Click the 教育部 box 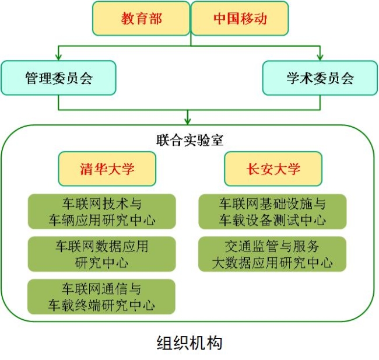click(x=142, y=18)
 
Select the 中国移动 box click(x=239, y=18)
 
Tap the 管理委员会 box click(x=58, y=78)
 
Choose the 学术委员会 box click(x=320, y=78)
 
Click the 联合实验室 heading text click(x=190, y=140)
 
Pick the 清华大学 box click(x=107, y=169)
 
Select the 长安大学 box click(x=273, y=169)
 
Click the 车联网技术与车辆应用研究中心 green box click(x=101, y=212)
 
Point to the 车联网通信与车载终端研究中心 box click(x=101, y=296)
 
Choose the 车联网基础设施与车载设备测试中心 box click(x=272, y=212)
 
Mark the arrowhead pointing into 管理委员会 click(x=58, y=56)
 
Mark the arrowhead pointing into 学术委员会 click(x=320, y=56)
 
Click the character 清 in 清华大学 click(x=86, y=169)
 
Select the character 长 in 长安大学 click(x=252, y=169)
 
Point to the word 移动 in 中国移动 click(x=253, y=18)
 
